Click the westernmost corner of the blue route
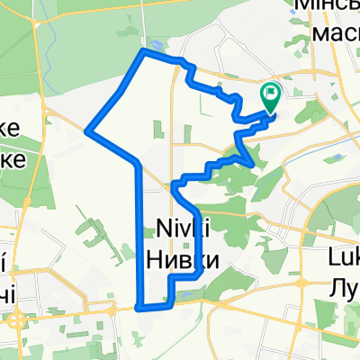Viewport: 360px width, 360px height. pyautogui.click(x=87, y=130)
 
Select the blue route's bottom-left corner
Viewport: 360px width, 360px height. pyautogui.click(x=140, y=307)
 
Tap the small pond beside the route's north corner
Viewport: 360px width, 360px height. pyautogui.click(x=159, y=43)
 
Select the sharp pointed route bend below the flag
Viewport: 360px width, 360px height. pyautogui.click(x=251, y=162)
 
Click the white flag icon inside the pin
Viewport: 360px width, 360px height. pyautogui.click(x=271, y=92)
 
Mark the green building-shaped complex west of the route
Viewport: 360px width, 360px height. pyautogui.click(x=94, y=236)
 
